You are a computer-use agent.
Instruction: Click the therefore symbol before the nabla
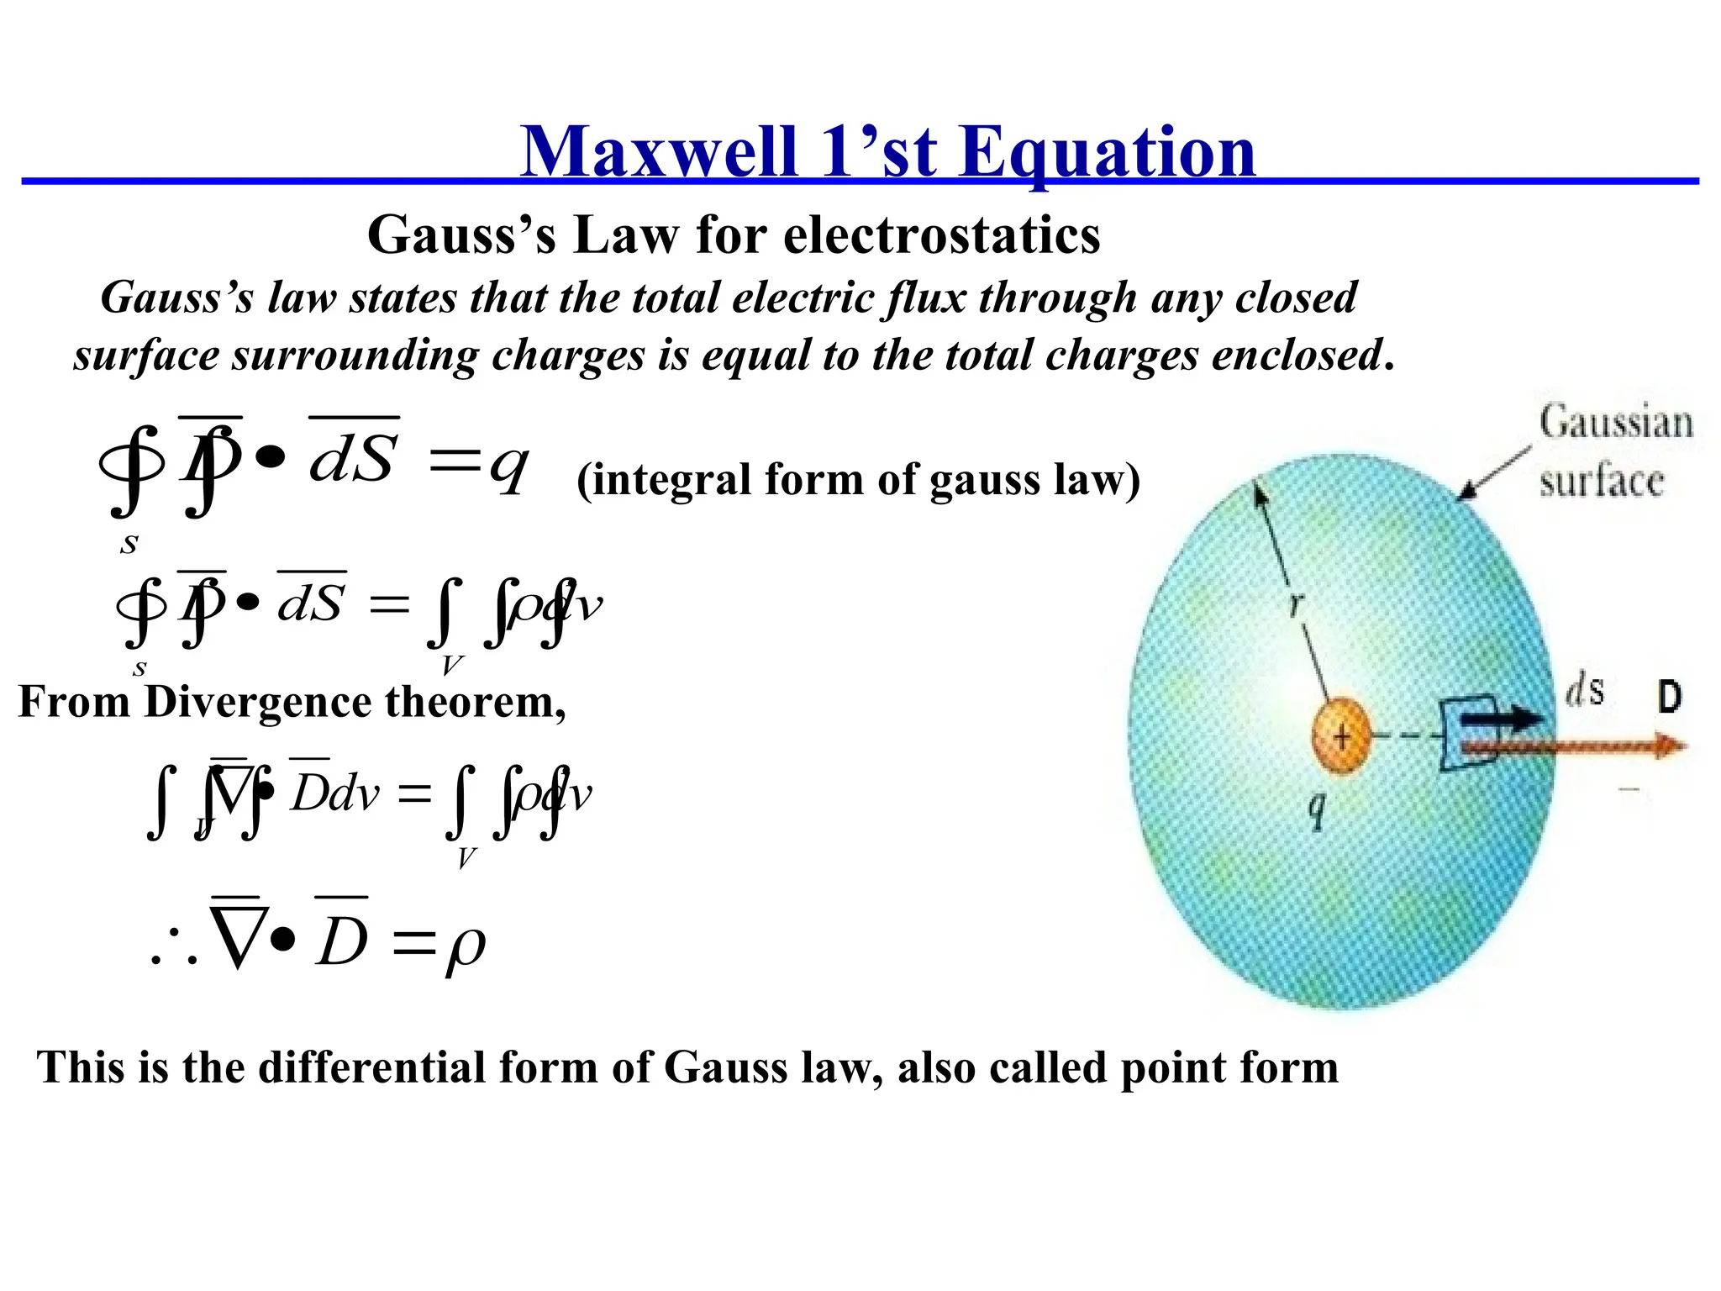[x=174, y=948]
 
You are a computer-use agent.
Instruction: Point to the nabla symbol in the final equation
[x=240, y=937]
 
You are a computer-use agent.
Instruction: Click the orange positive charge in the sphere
[x=1341, y=736]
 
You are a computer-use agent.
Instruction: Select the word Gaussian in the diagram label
[x=1615, y=423]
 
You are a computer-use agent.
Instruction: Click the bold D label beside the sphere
[x=1669, y=697]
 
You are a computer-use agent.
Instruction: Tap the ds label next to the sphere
[x=1585, y=691]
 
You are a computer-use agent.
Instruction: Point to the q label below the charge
[x=1317, y=810]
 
